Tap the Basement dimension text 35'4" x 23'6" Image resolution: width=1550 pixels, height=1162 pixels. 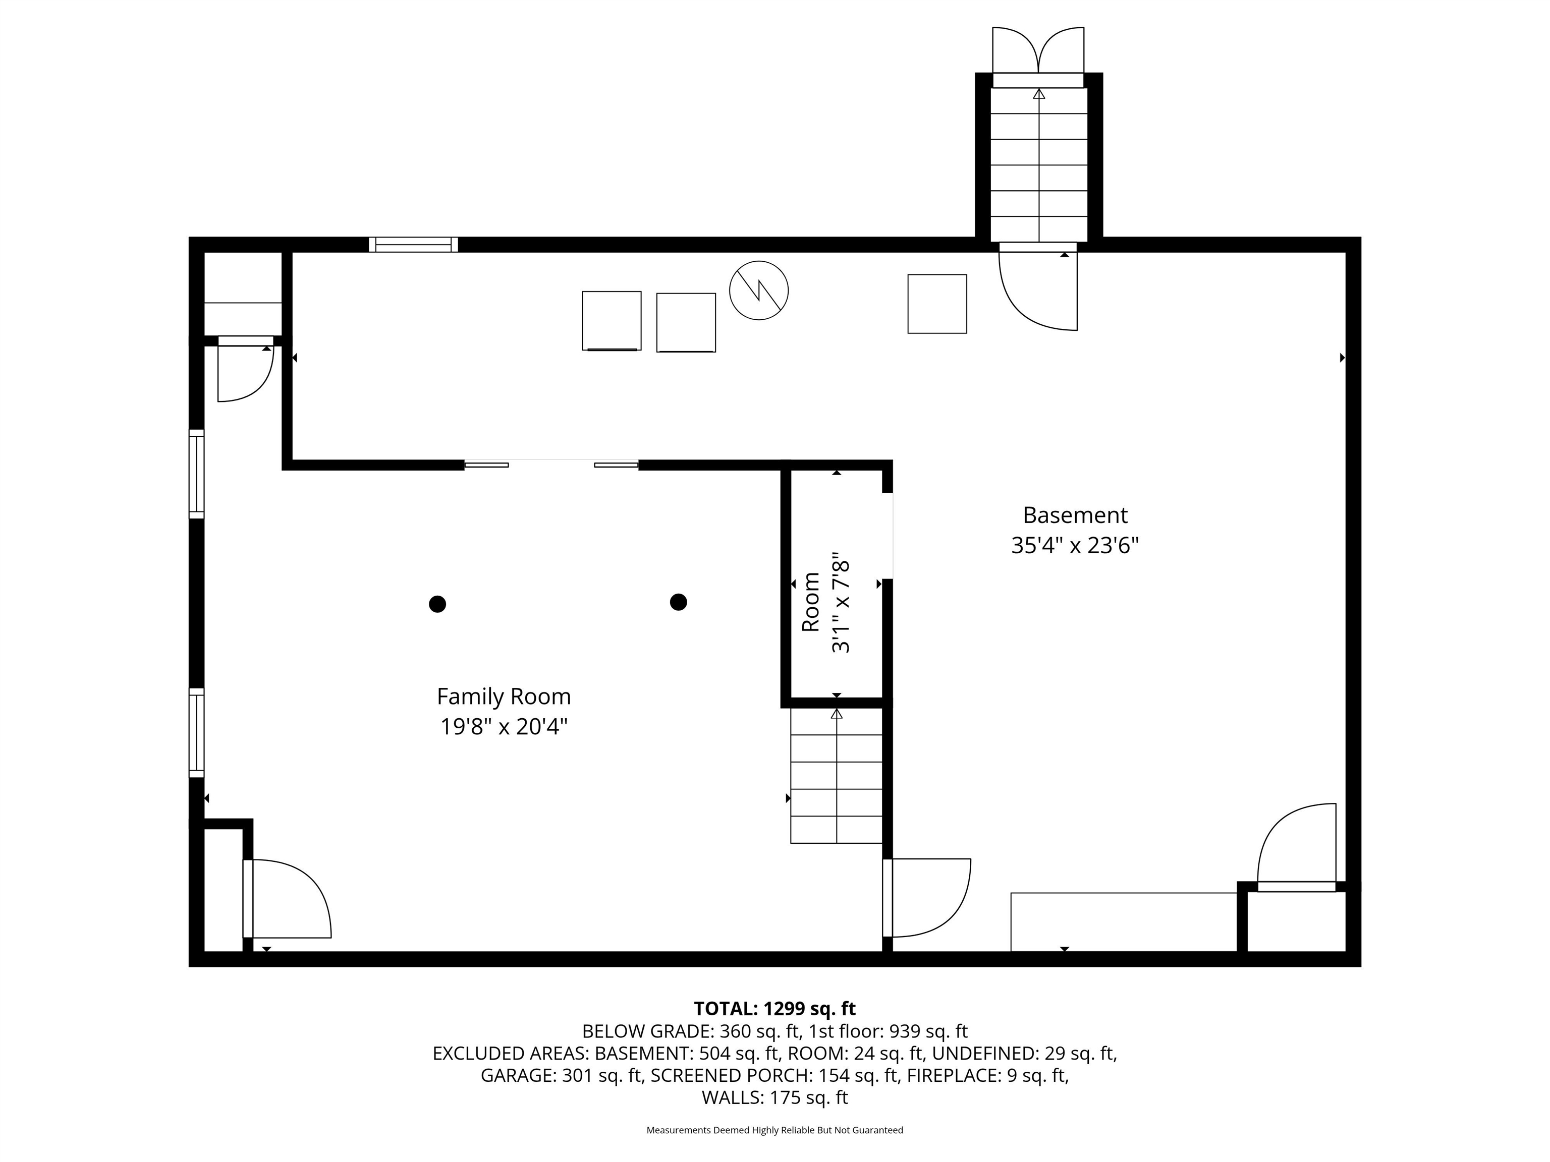pyautogui.click(x=1074, y=546)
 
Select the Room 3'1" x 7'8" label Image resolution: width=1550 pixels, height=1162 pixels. pyautogui.click(x=826, y=602)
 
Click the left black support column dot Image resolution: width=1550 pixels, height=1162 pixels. pyautogui.click(x=437, y=604)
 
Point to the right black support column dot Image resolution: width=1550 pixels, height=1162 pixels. pyautogui.click(x=678, y=602)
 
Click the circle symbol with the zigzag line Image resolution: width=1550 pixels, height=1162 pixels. pyautogui.click(x=758, y=290)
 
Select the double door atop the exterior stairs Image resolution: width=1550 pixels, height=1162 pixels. pyautogui.click(x=1038, y=50)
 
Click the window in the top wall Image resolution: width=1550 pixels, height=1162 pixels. pyautogui.click(x=413, y=245)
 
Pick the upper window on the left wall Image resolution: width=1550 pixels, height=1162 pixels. pyautogui.click(x=197, y=474)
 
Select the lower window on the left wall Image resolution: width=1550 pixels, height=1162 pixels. pyautogui.click(x=197, y=733)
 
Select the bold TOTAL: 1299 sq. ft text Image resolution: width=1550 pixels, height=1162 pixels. pyautogui.click(x=774, y=1009)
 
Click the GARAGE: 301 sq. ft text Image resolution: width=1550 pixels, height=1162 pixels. pyautogui.click(x=561, y=1075)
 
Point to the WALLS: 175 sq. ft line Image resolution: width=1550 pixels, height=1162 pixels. pyautogui.click(x=774, y=1097)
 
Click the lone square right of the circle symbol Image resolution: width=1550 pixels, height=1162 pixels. pyautogui.click(x=937, y=304)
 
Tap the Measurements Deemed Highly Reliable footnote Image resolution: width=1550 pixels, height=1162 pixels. pyautogui.click(x=774, y=1130)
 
